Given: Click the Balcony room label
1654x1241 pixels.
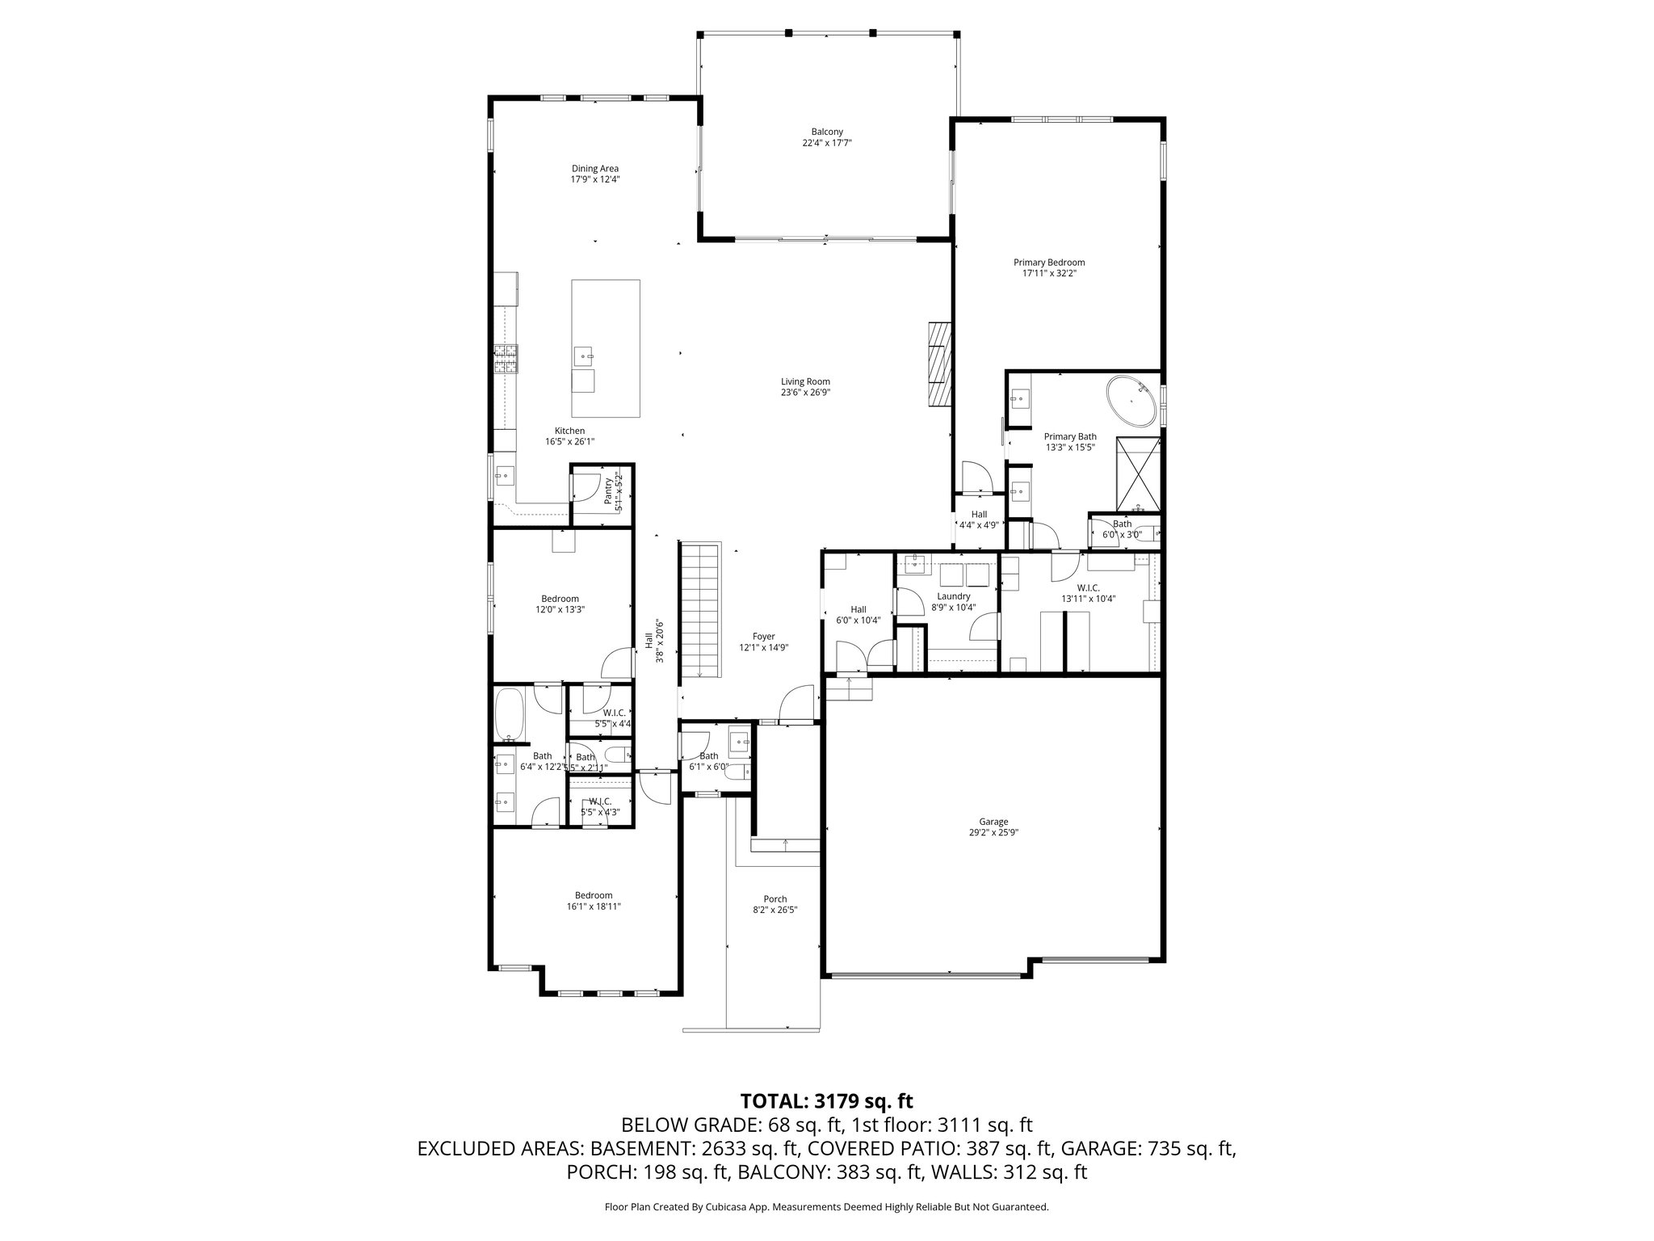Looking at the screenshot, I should click(x=827, y=137).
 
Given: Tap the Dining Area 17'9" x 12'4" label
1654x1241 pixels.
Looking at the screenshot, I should click(x=595, y=174).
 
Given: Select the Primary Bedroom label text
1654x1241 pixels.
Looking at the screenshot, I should click(x=1049, y=267).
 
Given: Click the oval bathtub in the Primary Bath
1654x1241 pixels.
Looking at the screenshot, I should click(x=1131, y=401).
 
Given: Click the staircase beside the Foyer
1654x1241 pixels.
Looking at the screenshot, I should click(x=699, y=610).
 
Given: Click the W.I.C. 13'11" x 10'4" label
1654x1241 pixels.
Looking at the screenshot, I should click(x=1088, y=593).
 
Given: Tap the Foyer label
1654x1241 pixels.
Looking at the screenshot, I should click(x=763, y=642).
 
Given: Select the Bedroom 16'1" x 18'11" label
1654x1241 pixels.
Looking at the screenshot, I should click(x=594, y=900).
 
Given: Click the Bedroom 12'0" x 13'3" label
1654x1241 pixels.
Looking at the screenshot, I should click(x=560, y=604).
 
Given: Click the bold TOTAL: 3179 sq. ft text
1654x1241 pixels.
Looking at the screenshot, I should click(x=826, y=1100).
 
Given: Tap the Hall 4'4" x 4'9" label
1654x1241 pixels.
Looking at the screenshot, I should click(x=979, y=519).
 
